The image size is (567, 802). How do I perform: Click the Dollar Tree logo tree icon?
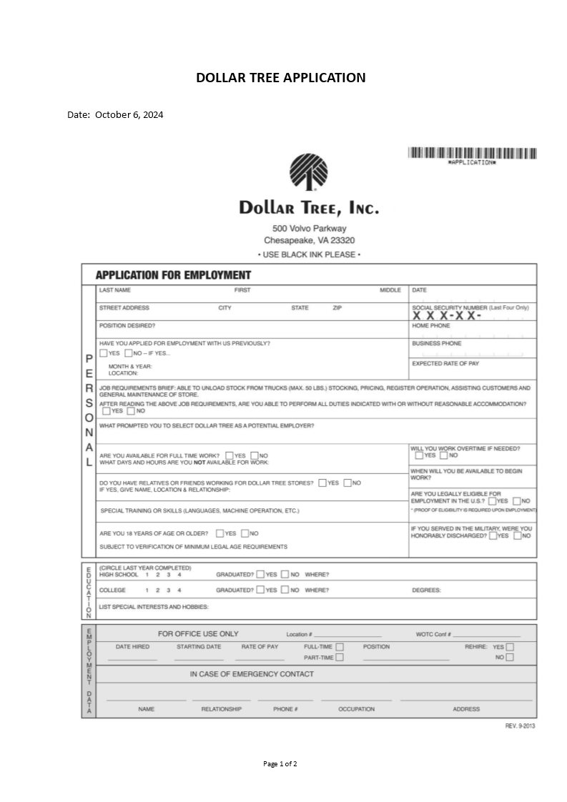(x=308, y=172)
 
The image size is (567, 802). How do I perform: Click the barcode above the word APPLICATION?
(x=472, y=152)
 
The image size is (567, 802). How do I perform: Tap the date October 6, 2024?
(x=129, y=114)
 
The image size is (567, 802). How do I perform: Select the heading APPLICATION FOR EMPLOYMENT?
(x=173, y=275)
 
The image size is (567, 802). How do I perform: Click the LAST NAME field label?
(x=115, y=290)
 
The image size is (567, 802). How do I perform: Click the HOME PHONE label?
(x=431, y=326)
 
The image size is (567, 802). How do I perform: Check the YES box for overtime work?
(x=419, y=455)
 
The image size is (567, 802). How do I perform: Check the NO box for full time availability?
(x=253, y=455)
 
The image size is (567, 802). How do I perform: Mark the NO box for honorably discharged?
(x=517, y=535)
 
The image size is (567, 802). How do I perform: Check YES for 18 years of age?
(x=220, y=533)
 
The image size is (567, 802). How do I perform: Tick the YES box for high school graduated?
(x=260, y=574)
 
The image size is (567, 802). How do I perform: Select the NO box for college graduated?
(x=285, y=590)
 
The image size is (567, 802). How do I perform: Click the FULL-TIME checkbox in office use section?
(x=340, y=647)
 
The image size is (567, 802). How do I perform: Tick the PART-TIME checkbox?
(x=340, y=658)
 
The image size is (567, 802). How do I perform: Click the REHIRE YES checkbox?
(x=510, y=647)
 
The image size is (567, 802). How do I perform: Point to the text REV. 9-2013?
(x=520, y=726)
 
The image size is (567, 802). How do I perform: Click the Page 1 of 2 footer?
(x=280, y=764)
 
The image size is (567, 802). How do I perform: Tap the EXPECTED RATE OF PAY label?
(x=445, y=364)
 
